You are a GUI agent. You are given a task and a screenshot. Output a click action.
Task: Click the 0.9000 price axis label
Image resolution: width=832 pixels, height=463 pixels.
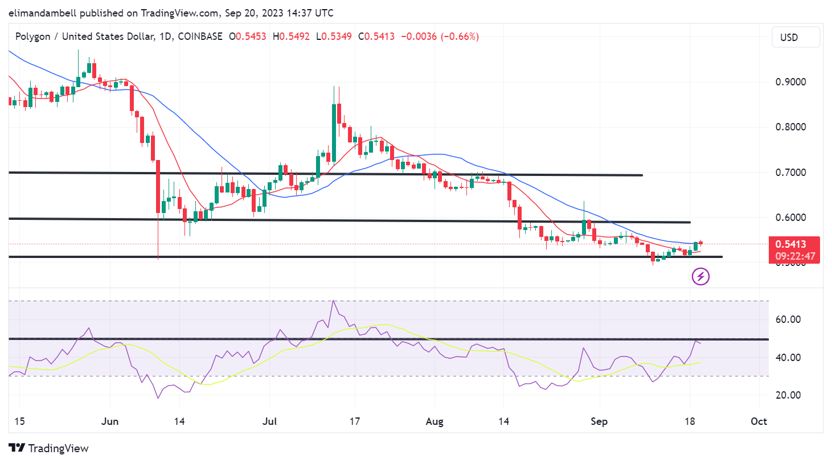pos(790,82)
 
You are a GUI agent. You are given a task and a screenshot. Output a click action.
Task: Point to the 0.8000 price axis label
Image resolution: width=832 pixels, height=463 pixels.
pos(790,127)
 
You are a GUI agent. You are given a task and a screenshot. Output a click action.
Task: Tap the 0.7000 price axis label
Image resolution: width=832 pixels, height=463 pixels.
pos(790,173)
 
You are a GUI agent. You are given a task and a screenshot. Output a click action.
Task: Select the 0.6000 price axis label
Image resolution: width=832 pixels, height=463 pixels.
pos(790,218)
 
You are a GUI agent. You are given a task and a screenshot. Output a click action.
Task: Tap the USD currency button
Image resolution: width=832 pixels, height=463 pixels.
pos(796,38)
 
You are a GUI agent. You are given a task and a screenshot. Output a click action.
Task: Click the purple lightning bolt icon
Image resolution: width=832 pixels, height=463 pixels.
pos(700,277)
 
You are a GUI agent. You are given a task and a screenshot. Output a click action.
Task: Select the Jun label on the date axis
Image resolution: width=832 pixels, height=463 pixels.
pos(110,421)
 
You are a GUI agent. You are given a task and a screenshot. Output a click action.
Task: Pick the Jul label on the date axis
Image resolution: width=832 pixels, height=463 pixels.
pos(269,421)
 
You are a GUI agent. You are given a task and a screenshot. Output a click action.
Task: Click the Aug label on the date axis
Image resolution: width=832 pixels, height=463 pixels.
pos(435,421)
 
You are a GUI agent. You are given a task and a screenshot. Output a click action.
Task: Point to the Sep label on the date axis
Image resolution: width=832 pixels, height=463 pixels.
pos(599,421)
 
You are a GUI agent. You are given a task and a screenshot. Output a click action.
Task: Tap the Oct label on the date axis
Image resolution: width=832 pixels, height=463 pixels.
pos(759,421)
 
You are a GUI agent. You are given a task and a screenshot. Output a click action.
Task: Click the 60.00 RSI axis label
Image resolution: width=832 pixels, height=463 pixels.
pos(788,319)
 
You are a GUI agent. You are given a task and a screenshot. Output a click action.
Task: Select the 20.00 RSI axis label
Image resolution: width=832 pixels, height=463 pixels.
pos(788,395)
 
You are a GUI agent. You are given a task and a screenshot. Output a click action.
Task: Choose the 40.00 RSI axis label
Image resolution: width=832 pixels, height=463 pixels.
pos(788,358)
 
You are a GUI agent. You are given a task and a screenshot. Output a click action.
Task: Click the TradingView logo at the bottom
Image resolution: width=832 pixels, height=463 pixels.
pos(49,448)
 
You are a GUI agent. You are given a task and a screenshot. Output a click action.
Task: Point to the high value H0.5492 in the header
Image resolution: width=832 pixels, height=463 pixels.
pos(291,36)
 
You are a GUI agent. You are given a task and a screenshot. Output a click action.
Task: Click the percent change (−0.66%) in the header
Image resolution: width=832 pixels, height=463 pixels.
pos(460,36)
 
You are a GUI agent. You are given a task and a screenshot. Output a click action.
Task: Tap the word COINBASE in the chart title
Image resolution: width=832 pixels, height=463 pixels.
pos(200,36)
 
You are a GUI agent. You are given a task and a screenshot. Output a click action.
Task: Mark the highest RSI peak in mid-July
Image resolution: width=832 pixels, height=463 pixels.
pos(333,301)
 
